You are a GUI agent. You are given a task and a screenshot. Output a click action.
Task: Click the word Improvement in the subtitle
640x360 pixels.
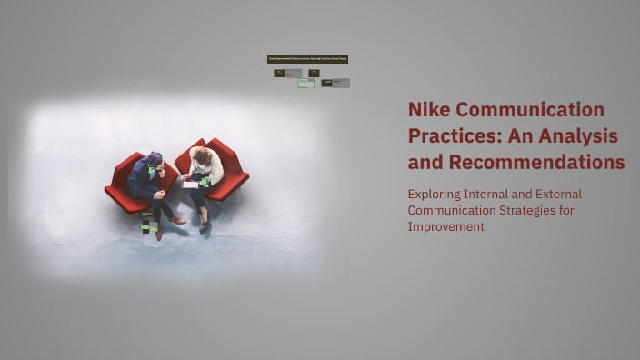(x=445, y=226)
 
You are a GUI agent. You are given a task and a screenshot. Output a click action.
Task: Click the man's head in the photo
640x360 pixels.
(x=155, y=160)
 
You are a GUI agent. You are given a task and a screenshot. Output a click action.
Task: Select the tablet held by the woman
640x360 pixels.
(x=190, y=184)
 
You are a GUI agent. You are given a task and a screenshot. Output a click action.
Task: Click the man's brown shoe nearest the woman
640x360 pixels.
(x=177, y=219)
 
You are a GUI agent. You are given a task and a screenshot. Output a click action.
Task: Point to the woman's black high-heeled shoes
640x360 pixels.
(x=203, y=222)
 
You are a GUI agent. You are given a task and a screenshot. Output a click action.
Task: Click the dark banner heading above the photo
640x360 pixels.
(x=307, y=59)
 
